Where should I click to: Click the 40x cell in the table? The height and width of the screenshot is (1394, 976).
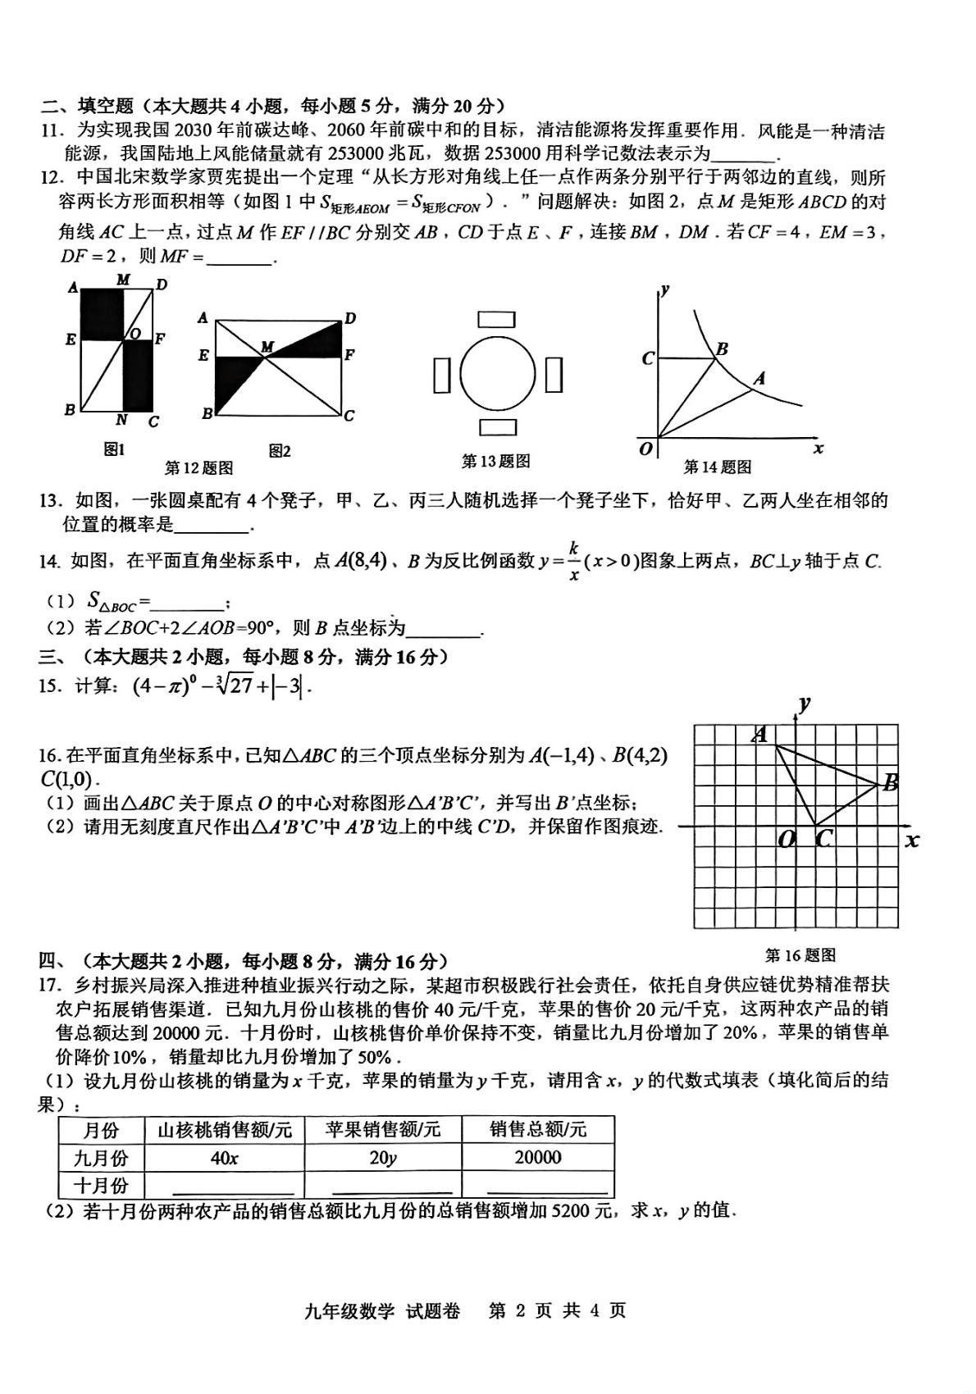[224, 1158]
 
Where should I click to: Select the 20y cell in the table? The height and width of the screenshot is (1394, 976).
[382, 1158]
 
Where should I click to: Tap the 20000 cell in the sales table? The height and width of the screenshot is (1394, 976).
[537, 1157]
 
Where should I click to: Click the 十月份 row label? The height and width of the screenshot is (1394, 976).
[101, 1186]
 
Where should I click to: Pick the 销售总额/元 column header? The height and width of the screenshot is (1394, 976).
[537, 1130]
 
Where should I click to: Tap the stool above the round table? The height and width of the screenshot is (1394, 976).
[497, 319]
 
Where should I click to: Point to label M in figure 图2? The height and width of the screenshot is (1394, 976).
[267, 348]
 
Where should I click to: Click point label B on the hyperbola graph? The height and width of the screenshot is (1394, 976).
[722, 349]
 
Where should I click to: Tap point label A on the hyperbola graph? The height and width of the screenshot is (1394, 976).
[759, 378]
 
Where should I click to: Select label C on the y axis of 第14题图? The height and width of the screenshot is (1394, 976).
[647, 358]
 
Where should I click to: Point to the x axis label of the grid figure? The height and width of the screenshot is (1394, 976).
[911, 840]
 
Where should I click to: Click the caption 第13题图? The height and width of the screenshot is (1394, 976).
[495, 462]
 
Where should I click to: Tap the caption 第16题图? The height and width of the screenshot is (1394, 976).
[800, 954]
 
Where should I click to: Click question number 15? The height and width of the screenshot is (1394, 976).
[50, 686]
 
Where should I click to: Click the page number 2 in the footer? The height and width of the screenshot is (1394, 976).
[518, 1310]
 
